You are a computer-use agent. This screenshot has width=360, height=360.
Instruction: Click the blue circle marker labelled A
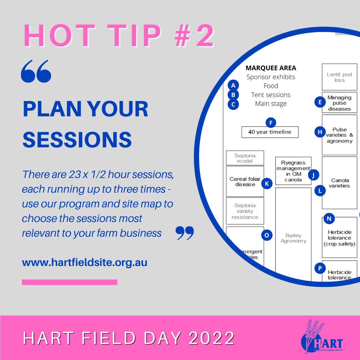233,85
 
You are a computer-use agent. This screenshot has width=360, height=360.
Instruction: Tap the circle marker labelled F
271,123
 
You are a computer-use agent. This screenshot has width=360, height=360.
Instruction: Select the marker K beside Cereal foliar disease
267,183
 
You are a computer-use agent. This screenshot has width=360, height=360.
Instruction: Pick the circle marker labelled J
313,175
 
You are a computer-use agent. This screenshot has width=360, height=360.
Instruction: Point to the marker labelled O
266,236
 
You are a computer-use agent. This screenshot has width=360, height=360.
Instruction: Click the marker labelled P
320,268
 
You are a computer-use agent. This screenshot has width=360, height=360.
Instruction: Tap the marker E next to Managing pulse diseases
320,102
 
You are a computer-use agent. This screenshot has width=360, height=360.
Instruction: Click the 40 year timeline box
270,132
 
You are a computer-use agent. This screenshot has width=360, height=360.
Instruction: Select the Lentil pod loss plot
339,77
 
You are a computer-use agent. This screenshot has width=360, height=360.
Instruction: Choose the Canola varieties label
340,183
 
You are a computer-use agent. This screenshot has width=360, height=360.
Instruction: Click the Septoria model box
245,158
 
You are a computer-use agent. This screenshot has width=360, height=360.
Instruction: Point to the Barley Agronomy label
293,238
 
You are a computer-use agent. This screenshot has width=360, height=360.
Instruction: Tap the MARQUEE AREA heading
271,68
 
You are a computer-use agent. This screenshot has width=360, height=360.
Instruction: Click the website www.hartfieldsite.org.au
85,262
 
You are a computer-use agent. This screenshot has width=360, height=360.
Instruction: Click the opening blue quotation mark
36,71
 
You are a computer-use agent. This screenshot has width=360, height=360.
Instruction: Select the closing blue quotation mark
184,233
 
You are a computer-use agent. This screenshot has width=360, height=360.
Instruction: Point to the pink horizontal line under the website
69,282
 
